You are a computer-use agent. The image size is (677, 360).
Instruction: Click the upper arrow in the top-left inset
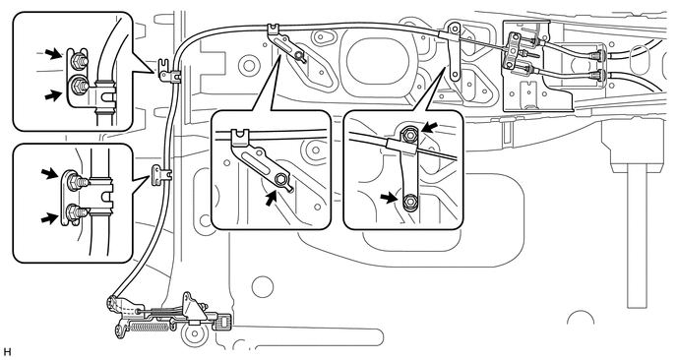click(54, 53)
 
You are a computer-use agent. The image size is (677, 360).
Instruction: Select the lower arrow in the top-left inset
click(53, 94)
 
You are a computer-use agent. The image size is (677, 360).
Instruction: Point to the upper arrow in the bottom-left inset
click(49, 173)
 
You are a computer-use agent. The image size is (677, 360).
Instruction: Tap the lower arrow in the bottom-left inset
click(49, 218)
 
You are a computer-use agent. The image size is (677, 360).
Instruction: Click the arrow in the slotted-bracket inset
click(271, 199)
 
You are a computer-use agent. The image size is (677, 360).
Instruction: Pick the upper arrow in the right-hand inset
click(430, 127)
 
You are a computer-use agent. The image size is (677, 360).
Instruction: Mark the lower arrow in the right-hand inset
click(389, 198)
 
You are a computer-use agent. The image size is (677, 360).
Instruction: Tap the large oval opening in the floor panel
click(378, 62)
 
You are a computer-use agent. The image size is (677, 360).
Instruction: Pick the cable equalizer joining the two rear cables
click(515, 50)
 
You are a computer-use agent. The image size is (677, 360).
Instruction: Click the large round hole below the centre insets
click(263, 287)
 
